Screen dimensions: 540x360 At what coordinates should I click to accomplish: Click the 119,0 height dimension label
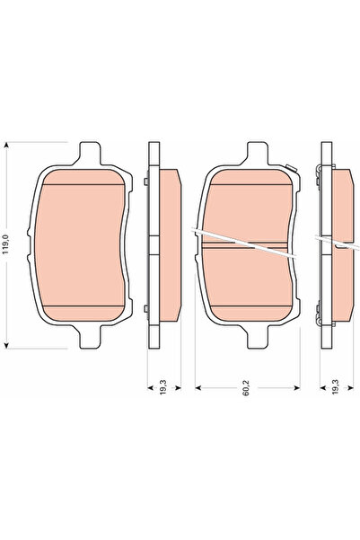click(8, 244)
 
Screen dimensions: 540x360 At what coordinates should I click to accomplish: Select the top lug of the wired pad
click(252, 152)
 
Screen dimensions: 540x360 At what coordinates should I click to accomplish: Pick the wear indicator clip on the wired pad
click(290, 165)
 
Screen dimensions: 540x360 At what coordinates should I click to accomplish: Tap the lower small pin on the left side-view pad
click(145, 310)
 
